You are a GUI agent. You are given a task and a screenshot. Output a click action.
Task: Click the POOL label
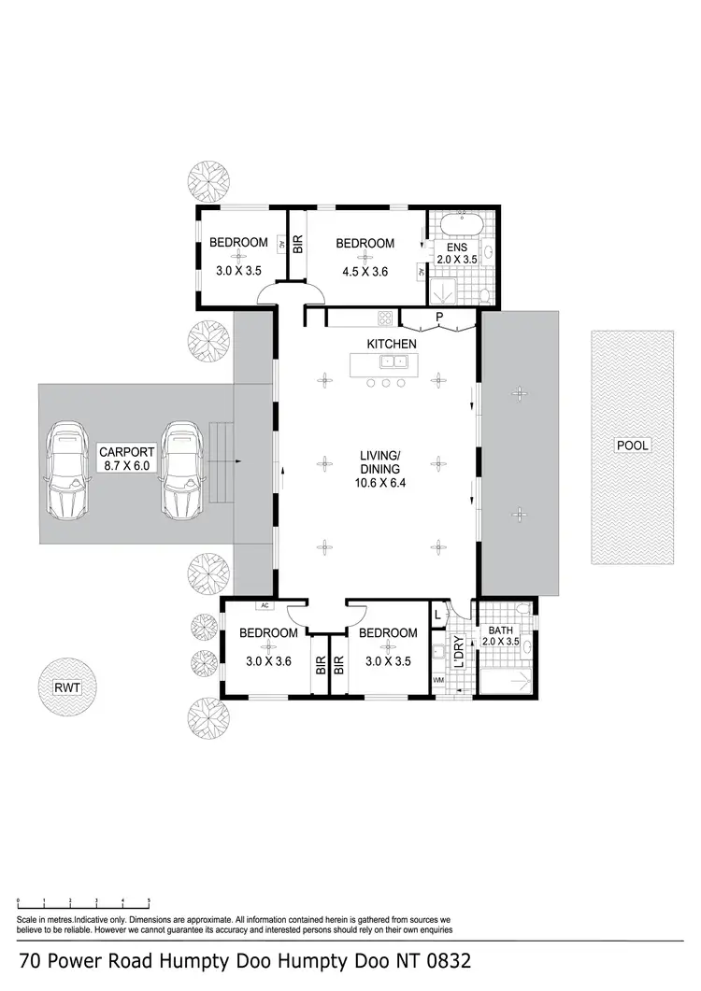coord(631,446)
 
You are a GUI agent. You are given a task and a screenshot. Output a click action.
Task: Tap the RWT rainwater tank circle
coord(65,689)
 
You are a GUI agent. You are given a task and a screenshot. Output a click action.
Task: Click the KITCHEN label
coord(391,345)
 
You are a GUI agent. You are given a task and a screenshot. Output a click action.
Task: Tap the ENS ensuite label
coord(456,248)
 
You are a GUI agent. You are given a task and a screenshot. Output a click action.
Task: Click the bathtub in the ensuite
coord(458,226)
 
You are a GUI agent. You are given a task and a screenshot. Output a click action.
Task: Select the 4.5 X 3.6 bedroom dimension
coord(364,272)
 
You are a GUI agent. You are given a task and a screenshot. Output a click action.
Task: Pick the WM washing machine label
coord(438,680)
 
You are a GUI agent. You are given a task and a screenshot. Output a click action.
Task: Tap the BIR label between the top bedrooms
coord(298,245)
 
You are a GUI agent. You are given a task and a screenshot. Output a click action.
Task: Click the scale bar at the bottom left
coord(83,902)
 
